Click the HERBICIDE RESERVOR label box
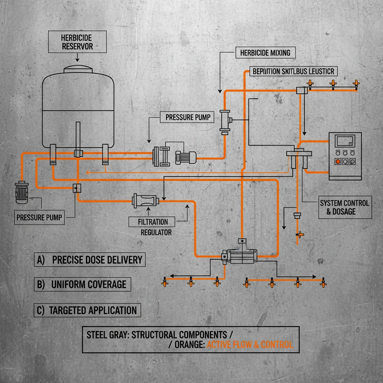(x=77, y=42)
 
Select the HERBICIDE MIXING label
(x=266, y=53)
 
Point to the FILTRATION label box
(x=153, y=221)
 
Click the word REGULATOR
(x=156, y=232)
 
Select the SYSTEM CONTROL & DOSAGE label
(x=344, y=207)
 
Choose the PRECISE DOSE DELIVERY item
(x=91, y=260)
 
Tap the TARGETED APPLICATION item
(x=88, y=310)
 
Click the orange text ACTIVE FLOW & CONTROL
(x=249, y=344)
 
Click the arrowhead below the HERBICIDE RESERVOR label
(x=77, y=59)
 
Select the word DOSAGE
(x=341, y=212)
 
